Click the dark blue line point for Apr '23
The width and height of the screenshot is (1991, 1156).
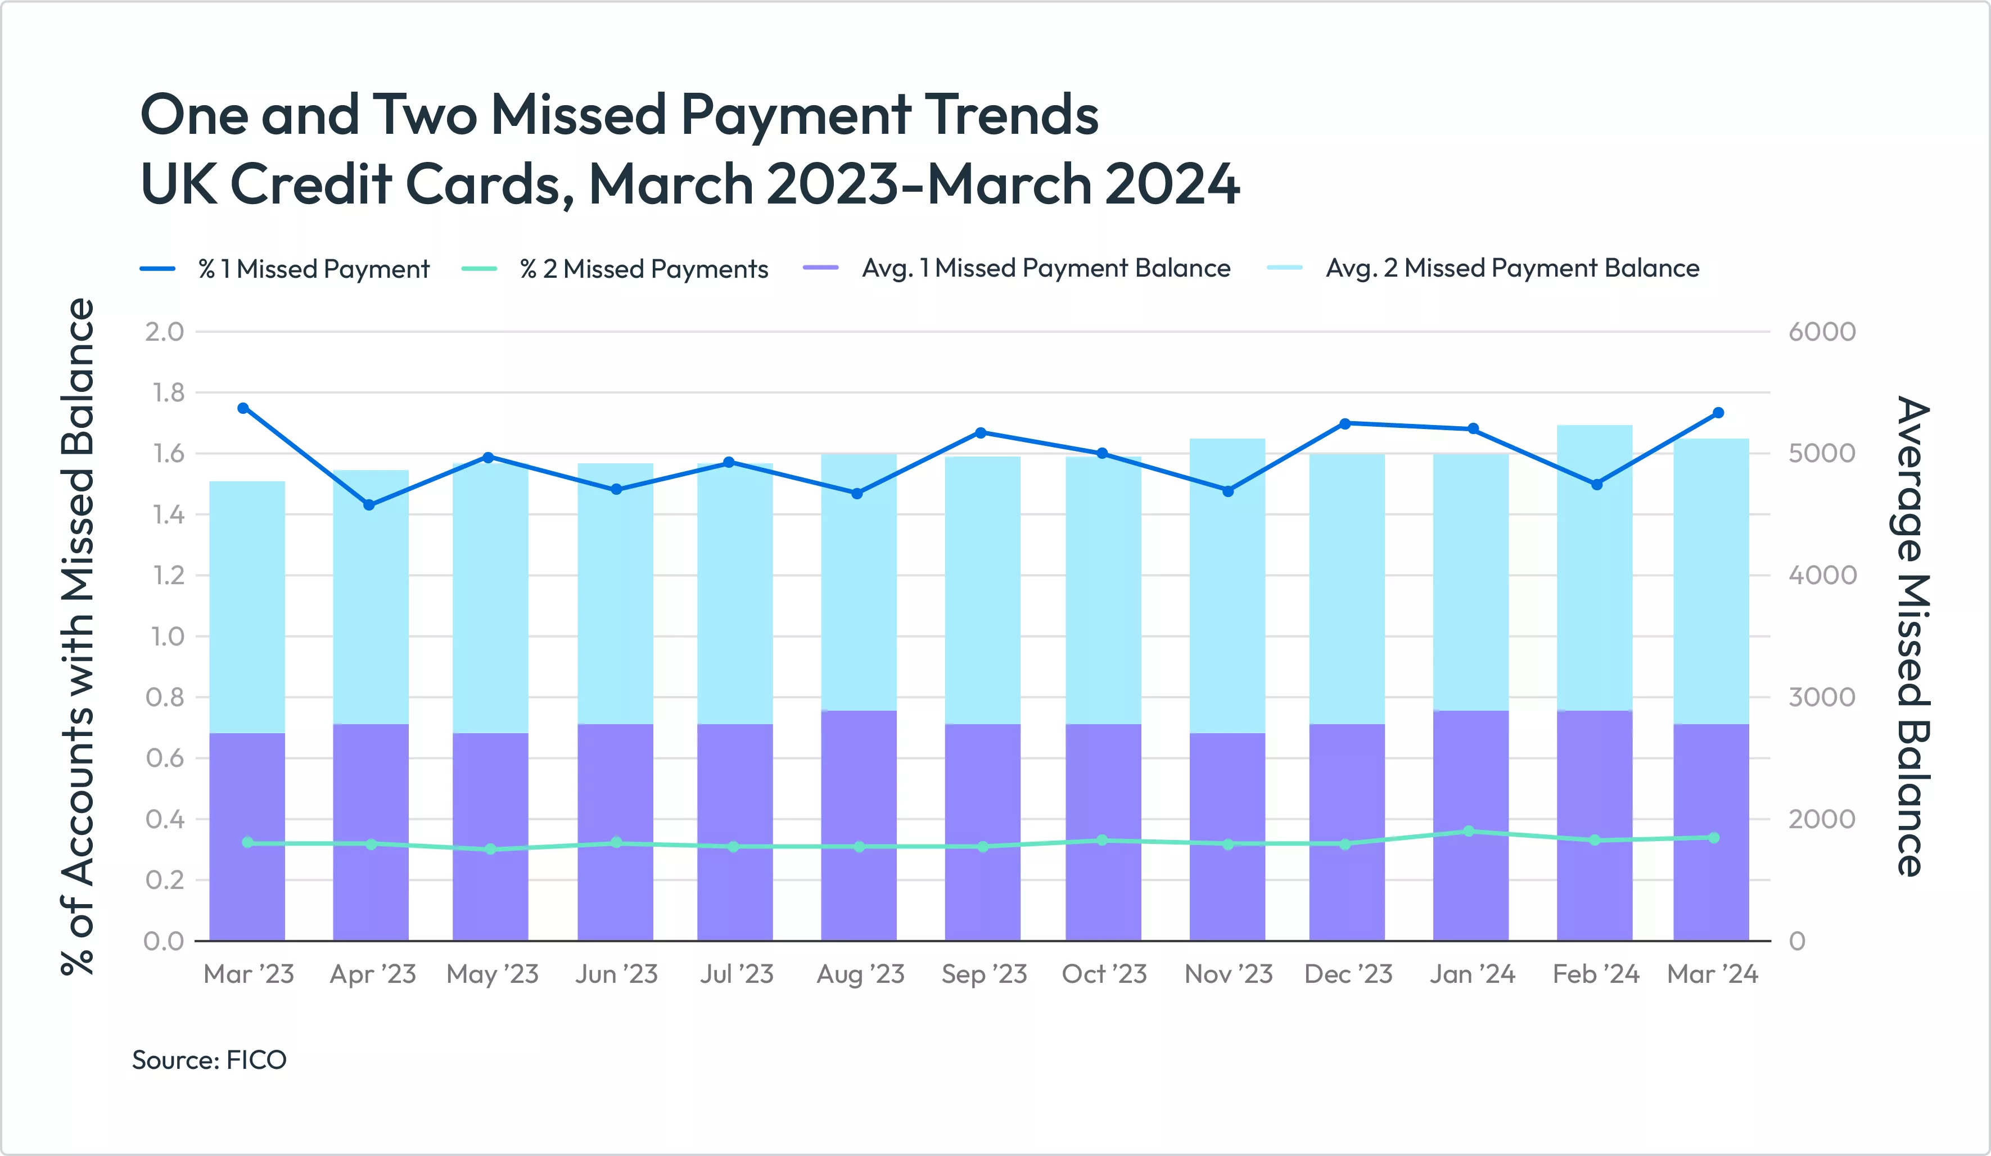click(369, 505)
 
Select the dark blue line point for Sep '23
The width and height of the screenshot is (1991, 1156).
click(981, 433)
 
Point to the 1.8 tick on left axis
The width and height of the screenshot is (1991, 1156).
click(168, 392)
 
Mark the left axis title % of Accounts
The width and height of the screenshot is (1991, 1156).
click(78, 636)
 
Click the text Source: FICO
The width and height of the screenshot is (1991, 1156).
click(209, 1060)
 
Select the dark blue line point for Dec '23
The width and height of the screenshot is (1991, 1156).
click(1346, 423)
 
